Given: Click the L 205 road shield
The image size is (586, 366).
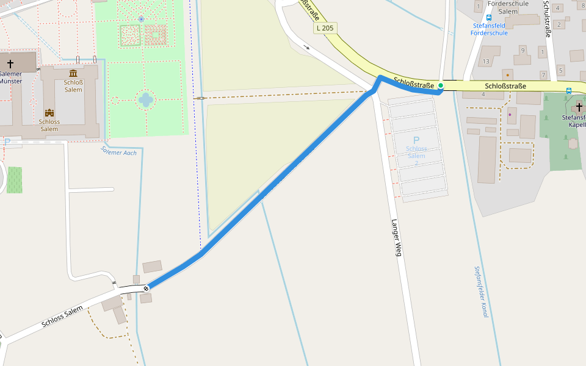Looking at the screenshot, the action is (x=326, y=28).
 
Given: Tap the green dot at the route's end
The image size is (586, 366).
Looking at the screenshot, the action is (x=440, y=86).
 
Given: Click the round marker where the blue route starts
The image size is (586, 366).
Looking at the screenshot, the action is (x=146, y=288).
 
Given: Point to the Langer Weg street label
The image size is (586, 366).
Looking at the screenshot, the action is (x=396, y=237).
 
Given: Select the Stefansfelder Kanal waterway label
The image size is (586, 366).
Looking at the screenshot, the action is (x=481, y=291).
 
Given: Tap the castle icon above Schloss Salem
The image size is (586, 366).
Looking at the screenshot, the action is (x=49, y=113).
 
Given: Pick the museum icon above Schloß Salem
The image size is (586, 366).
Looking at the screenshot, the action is (x=73, y=73).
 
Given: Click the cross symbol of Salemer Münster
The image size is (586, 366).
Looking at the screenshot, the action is (x=10, y=63).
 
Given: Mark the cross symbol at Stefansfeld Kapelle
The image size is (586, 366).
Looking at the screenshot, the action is (x=578, y=107).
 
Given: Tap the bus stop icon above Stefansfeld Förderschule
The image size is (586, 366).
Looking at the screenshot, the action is (x=489, y=18).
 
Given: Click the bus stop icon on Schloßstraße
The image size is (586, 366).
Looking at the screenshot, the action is (x=568, y=91).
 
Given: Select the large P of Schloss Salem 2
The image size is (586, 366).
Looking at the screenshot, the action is (x=416, y=140).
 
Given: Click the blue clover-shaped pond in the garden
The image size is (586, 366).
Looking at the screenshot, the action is (x=145, y=99).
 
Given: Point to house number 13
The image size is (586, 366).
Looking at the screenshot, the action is (x=486, y=62).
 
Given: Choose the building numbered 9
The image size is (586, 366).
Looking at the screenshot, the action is (x=523, y=49).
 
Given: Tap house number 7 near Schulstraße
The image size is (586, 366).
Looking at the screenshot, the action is (x=543, y=74).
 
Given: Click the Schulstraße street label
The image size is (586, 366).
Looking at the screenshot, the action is (x=548, y=20).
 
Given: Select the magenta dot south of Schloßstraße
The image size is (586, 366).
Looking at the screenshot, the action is (x=510, y=114).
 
